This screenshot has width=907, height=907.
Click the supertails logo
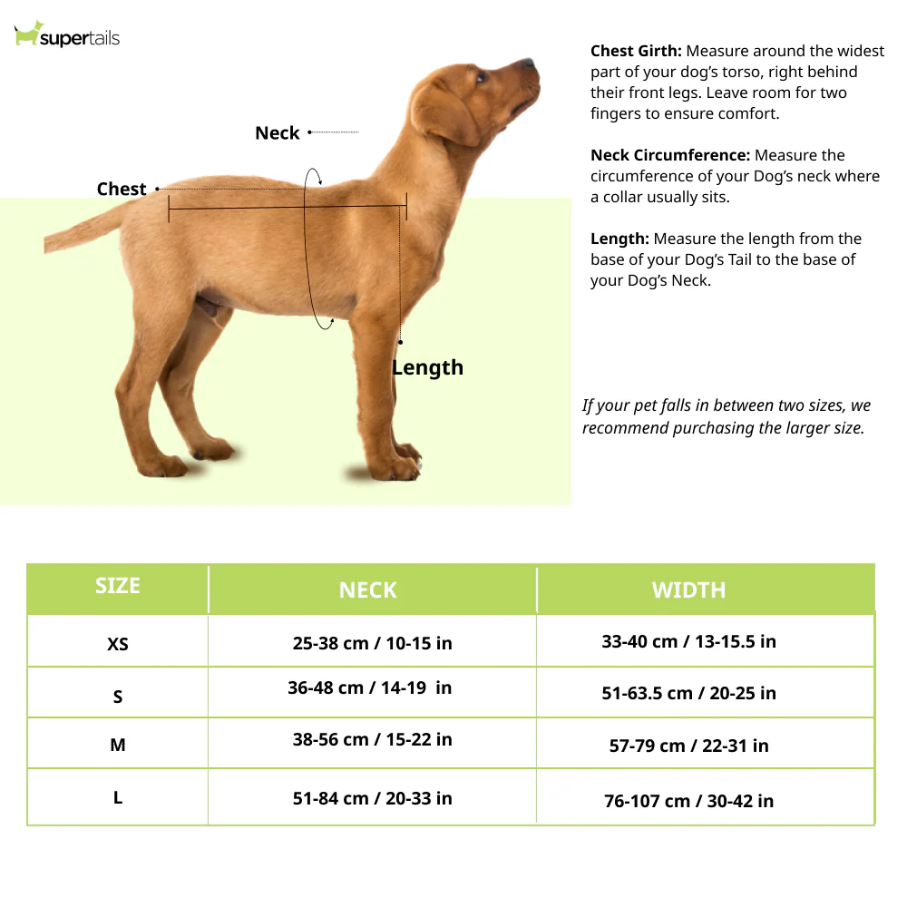67,36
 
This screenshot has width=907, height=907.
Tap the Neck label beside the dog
277,133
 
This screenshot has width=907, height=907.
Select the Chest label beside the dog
122,189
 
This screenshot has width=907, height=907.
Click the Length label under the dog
427,367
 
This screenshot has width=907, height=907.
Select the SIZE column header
118,586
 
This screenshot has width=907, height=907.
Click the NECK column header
367,590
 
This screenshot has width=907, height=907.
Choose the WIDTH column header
688,590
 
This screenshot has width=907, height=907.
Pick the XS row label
118,644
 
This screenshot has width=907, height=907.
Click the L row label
118,798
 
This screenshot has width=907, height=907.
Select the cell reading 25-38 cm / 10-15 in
372,643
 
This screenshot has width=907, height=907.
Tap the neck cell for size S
369,688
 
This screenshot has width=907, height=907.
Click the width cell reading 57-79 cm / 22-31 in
688,746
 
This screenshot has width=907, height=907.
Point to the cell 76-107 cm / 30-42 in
688,801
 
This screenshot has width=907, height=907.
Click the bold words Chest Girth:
636,52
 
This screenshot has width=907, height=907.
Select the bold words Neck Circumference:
670,155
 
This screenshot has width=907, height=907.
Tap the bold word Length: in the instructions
619,239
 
